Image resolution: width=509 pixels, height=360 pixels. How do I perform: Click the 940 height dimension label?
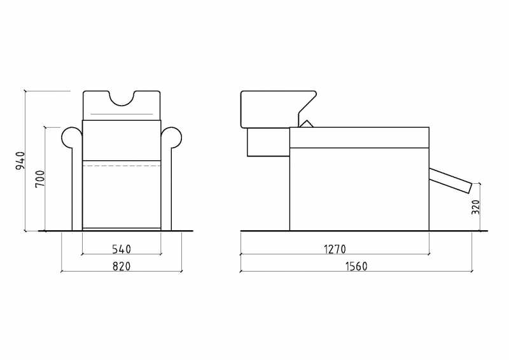pyautogui.click(x=20, y=161)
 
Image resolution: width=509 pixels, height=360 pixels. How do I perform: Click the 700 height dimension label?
pyautogui.click(x=40, y=179)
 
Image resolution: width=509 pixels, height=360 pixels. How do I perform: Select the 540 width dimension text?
pyautogui.click(x=122, y=249)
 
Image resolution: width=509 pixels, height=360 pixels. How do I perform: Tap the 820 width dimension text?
pyautogui.click(x=122, y=267)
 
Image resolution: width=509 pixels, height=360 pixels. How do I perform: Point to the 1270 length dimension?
pyautogui.click(x=335, y=249)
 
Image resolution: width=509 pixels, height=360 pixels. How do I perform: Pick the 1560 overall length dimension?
pyautogui.click(x=356, y=267)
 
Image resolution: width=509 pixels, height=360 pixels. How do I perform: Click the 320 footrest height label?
pyautogui.click(x=475, y=207)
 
